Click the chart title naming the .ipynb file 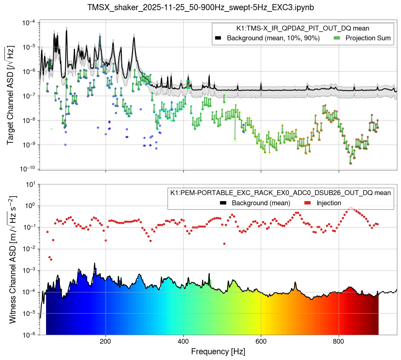click(x=200, y=7)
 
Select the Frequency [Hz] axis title click(x=218, y=351)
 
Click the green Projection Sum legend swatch click(x=337, y=38)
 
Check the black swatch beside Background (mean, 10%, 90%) click(x=218, y=38)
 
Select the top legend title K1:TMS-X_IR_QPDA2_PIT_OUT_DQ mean click(x=303, y=29)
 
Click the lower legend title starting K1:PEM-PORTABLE click(x=280, y=193)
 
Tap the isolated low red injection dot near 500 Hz click(x=224, y=244)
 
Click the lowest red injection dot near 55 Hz click(x=51, y=259)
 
